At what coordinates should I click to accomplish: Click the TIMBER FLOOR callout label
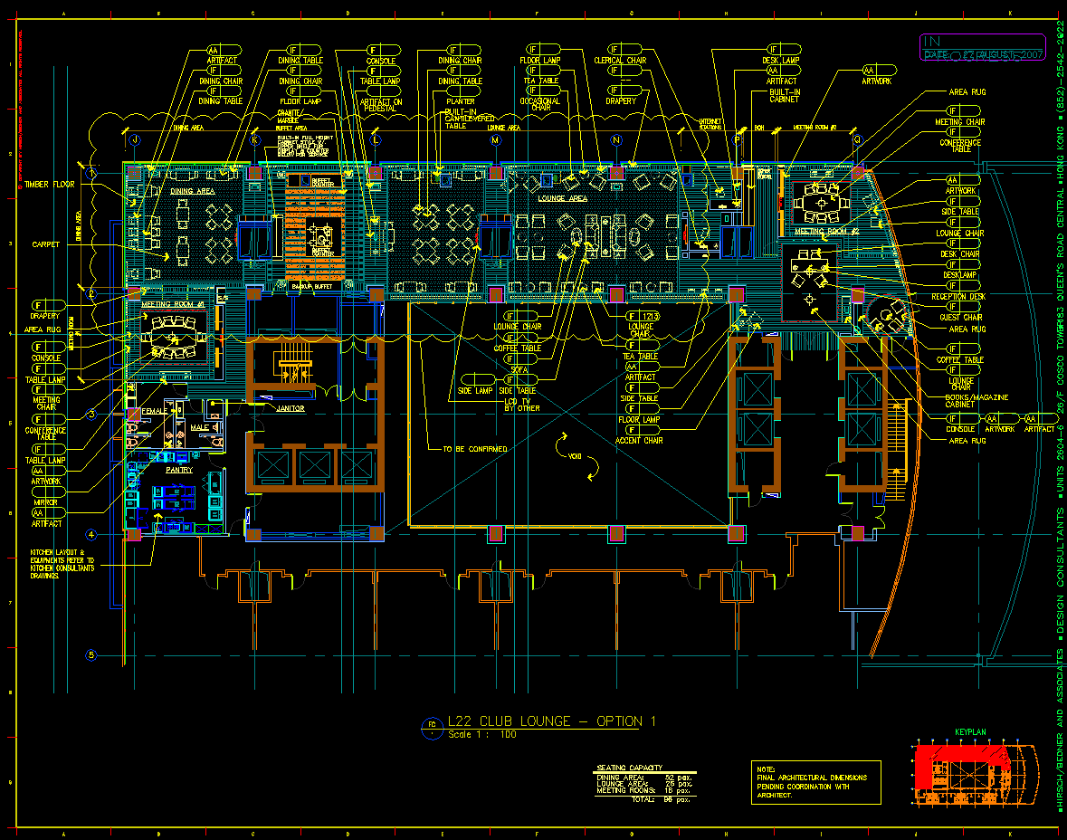(51, 184)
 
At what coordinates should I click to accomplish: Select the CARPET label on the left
(46, 244)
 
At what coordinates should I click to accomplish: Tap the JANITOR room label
(290, 408)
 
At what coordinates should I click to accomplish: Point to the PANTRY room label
(178, 470)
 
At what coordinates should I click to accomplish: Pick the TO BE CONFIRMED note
(474, 449)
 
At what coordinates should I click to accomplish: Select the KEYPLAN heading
(970, 731)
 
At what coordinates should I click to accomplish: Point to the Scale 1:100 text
(481, 735)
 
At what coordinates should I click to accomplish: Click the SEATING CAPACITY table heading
(629, 768)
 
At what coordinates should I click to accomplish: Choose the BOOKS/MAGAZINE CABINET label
(976, 401)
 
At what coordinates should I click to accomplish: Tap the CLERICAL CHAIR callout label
(620, 61)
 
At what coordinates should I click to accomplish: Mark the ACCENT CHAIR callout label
(640, 441)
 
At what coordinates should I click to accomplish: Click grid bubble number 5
(91, 654)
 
